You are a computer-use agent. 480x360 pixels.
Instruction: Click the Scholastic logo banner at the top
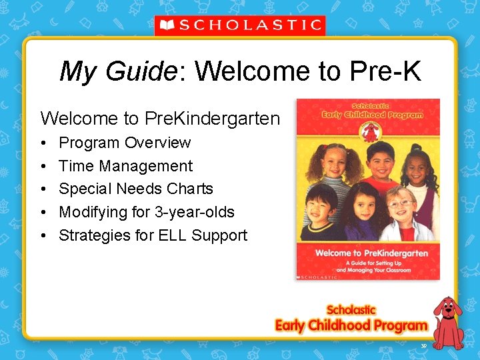coord(240,25)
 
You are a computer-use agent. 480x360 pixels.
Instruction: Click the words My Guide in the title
coord(117,71)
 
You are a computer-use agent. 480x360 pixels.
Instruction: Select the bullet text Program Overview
coord(125,143)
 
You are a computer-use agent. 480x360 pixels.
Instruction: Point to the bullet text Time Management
coord(125,166)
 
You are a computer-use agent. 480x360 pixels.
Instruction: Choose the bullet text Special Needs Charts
coord(136,189)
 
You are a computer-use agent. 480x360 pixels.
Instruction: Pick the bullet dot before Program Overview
coord(43,143)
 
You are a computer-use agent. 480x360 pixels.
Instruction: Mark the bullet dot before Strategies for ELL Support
coord(43,236)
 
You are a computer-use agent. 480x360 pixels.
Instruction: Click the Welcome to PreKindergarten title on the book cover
coord(368,253)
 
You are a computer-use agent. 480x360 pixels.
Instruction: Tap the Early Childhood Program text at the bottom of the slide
coord(351,325)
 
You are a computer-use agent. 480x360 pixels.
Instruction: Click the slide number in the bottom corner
coord(423,345)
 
